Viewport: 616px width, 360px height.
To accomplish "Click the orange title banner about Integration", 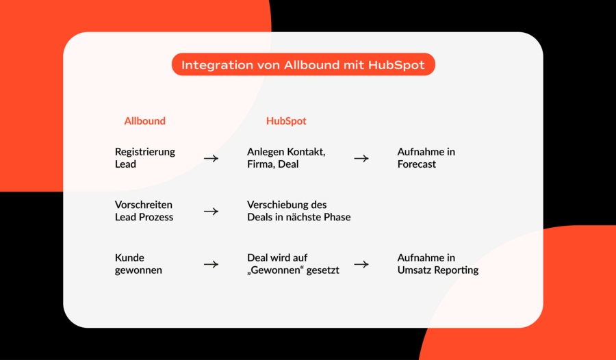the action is tap(303, 64).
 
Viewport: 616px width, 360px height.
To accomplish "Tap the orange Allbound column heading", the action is tap(145, 121).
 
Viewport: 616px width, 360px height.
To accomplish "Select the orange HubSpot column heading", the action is tap(286, 121).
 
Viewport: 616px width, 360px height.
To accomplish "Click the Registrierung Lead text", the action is tap(145, 158).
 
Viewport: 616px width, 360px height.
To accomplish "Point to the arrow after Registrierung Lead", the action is tap(211, 158).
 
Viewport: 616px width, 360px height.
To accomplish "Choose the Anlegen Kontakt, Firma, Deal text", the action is tap(286, 158).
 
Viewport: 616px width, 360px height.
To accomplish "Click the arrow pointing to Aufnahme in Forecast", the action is tap(361, 158).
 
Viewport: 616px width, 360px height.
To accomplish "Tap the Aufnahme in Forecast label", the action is tap(426, 158).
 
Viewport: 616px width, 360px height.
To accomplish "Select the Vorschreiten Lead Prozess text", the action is tap(144, 211).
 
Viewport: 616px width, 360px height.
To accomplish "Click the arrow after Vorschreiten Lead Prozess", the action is tap(211, 211).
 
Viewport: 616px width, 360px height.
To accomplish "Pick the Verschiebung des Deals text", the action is tap(299, 211).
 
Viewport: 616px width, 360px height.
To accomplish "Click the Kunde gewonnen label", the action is tap(138, 264).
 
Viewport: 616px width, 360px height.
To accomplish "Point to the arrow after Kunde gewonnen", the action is tap(211, 264).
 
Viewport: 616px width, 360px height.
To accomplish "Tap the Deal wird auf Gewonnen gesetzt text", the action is tap(293, 264).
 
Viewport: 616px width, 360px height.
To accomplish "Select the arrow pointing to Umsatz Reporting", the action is tap(361, 264).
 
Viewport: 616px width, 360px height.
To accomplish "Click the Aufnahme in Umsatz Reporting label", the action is tap(438, 264).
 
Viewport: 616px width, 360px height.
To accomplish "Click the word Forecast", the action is tap(416, 164).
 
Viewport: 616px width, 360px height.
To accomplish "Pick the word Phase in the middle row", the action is tap(337, 218).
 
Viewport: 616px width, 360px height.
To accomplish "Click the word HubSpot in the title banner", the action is tap(396, 65).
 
